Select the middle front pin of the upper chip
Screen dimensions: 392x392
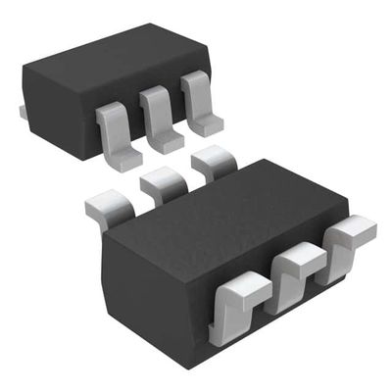(157, 116)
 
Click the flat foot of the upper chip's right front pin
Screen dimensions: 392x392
(206, 125)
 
